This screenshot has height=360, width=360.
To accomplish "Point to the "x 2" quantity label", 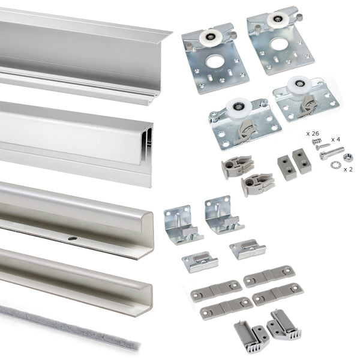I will tap(348, 170).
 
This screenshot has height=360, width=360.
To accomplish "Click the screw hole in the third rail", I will tap(72, 238).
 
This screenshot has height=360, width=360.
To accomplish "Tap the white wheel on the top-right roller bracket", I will tap(278, 20).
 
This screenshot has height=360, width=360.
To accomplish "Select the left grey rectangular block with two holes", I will tap(286, 167).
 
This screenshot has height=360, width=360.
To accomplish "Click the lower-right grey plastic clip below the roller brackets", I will tap(257, 184).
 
